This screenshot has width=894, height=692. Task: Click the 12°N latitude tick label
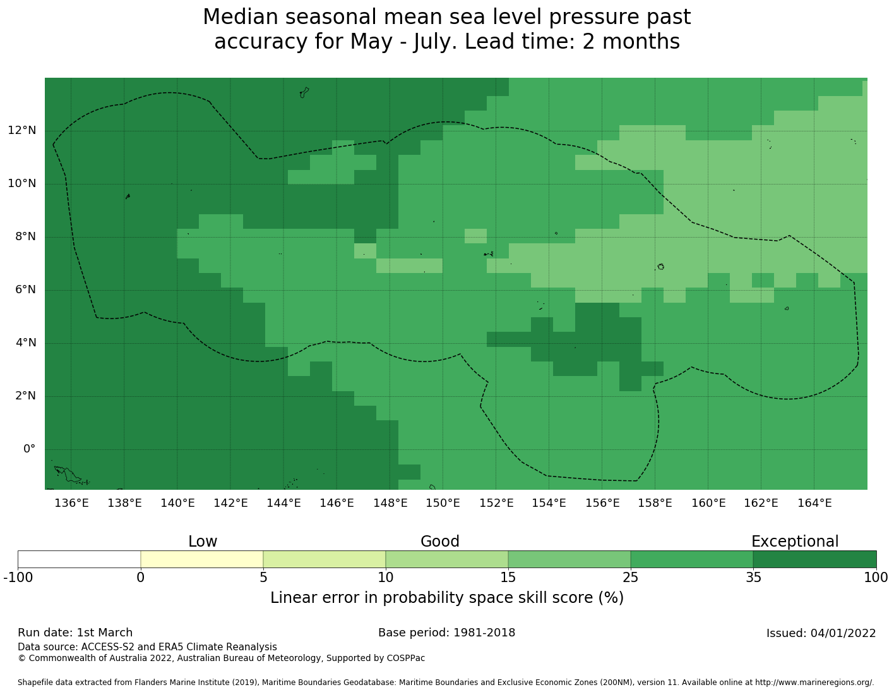click(22, 131)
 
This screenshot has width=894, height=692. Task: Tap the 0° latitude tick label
click(29, 449)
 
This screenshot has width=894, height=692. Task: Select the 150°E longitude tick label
click(443, 503)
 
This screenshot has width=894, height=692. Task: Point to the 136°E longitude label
click(71, 503)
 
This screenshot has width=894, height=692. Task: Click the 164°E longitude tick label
click(814, 503)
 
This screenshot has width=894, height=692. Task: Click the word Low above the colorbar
click(203, 542)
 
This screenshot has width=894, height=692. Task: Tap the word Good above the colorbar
click(440, 542)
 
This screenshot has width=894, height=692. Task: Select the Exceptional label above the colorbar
click(795, 542)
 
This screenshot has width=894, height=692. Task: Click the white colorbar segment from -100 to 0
click(79, 559)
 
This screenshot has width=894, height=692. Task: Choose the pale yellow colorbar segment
click(201, 559)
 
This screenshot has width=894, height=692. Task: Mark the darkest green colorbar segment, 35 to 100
click(814, 559)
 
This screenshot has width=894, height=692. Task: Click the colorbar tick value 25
click(631, 578)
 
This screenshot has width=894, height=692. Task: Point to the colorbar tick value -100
click(18, 578)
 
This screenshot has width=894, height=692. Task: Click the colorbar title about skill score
click(447, 598)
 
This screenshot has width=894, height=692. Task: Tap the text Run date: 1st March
click(75, 633)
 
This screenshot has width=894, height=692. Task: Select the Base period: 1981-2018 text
click(447, 633)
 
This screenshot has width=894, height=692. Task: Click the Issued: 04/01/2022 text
click(821, 633)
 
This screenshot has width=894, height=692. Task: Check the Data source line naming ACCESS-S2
click(147, 647)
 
